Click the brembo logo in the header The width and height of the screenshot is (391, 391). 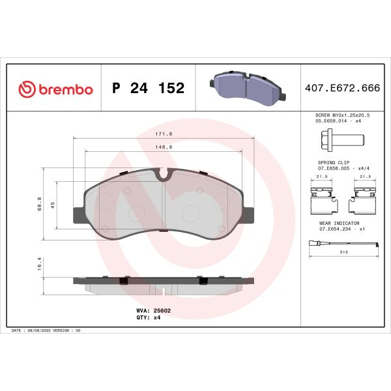[56, 89]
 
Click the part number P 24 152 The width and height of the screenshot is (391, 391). [149, 89]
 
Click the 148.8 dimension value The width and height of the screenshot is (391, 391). [164, 147]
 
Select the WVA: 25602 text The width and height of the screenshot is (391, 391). [154, 311]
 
